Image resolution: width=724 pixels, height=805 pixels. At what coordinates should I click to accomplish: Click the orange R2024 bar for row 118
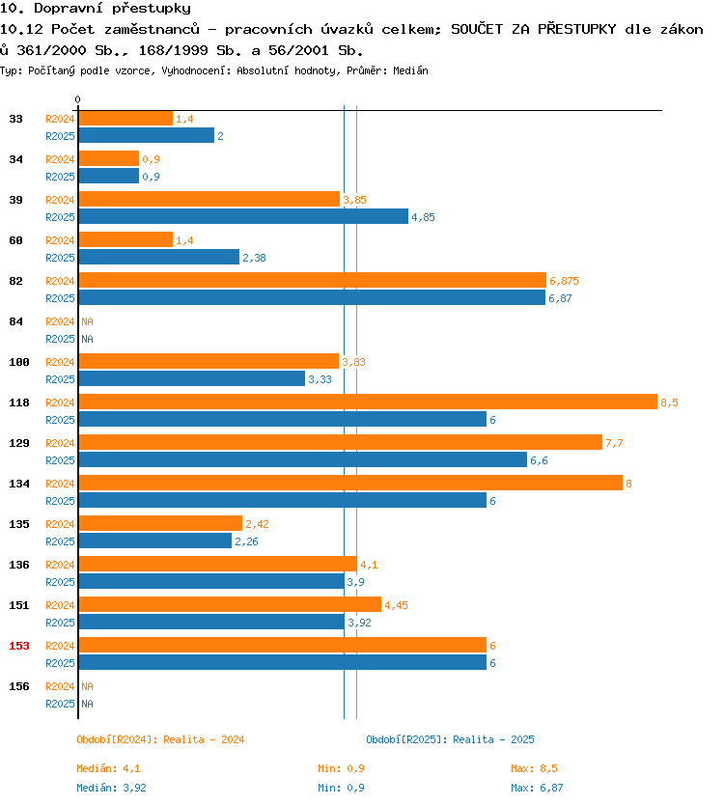[368, 402]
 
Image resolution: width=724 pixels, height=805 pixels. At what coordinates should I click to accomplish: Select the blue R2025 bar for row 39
[243, 216]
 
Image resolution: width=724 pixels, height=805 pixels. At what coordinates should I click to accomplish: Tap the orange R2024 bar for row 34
[109, 158]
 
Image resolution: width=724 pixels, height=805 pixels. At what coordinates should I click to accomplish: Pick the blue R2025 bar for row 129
[303, 459]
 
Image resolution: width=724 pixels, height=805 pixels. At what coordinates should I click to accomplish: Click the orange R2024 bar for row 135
[160, 523]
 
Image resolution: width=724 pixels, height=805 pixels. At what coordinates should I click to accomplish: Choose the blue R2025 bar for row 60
[159, 257]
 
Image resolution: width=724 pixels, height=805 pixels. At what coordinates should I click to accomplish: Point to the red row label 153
[19, 646]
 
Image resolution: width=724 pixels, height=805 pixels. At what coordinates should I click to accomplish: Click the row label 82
[15, 281]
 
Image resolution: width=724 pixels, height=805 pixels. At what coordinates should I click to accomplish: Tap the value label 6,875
[564, 281]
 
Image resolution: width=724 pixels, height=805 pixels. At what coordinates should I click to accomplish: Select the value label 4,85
[423, 217]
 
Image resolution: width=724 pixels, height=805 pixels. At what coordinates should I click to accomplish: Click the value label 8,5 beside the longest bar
[669, 402]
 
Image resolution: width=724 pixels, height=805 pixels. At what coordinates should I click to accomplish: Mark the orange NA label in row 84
[87, 321]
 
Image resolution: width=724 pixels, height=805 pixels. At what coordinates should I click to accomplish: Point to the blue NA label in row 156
[87, 704]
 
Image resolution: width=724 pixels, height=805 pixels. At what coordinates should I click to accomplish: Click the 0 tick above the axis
[77, 99]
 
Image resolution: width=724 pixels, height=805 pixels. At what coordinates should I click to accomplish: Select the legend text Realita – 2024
[204, 739]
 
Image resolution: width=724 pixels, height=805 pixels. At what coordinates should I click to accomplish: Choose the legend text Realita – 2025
[493, 739]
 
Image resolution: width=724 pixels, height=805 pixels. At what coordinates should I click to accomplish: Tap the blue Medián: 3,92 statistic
[111, 788]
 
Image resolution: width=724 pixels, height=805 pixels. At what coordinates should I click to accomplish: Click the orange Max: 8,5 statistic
[534, 768]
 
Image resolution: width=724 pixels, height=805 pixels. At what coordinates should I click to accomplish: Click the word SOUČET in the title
[477, 29]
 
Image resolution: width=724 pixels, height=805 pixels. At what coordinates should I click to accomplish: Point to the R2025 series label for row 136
[60, 582]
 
